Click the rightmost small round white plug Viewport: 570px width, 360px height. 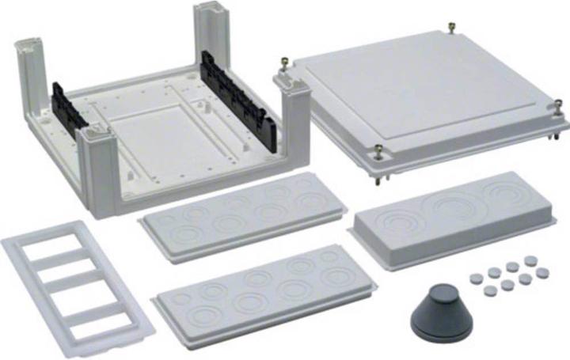[x=542, y=272]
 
